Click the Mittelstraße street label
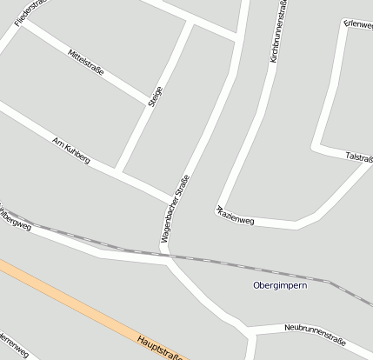click(85, 63)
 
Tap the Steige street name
click(156, 96)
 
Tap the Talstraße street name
click(359, 157)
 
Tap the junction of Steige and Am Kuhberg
click(121, 172)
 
